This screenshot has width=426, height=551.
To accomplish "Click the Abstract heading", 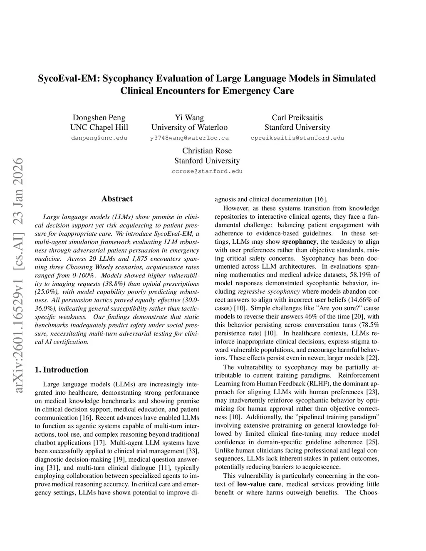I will click(117, 199).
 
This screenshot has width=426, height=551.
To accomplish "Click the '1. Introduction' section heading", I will click(62, 370).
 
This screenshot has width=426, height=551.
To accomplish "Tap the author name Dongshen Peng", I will click(99, 118).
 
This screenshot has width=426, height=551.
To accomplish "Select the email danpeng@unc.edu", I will click(99, 138).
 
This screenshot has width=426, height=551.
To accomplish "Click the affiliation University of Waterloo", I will click(189, 128).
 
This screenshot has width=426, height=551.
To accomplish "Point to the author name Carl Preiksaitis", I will click(297, 118).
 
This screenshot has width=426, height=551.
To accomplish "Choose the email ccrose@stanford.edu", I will click(207, 171).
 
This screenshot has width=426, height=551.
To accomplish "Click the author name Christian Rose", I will click(207, 151).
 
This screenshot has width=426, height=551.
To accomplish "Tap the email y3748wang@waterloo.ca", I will click(189, 138).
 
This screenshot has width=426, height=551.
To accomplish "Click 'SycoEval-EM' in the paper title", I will click(69, 79).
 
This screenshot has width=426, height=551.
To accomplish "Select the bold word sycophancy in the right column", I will click(299, 242).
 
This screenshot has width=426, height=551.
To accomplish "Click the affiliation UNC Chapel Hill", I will click(99, 128).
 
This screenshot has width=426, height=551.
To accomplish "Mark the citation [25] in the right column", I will click(372, 442).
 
